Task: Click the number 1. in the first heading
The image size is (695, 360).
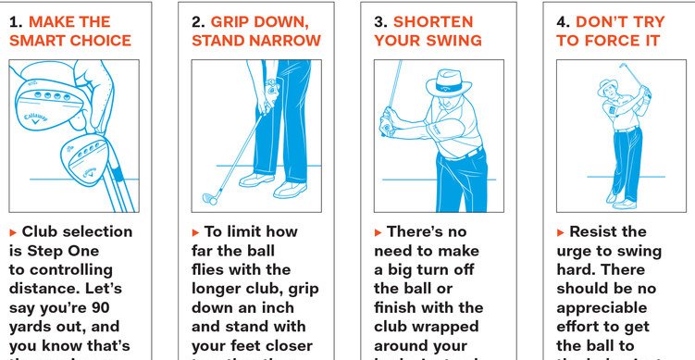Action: pyautogui.click(x=15, y=20)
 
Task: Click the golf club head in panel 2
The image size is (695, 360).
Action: pyautogui.click(x=211, y=197)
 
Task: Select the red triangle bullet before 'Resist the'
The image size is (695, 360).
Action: pyautogui.click(x=561, y=231)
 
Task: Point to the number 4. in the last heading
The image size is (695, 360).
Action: pyautogui.click(x=564, y=20)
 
